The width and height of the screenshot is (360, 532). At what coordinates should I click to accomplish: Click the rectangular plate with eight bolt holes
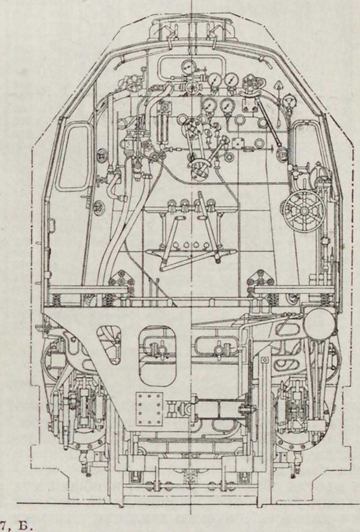pos(148,408)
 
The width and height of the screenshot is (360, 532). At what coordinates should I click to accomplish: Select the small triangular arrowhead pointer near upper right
pos(278,86)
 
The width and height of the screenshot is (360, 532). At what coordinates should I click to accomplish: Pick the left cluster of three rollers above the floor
pos(121,278)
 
